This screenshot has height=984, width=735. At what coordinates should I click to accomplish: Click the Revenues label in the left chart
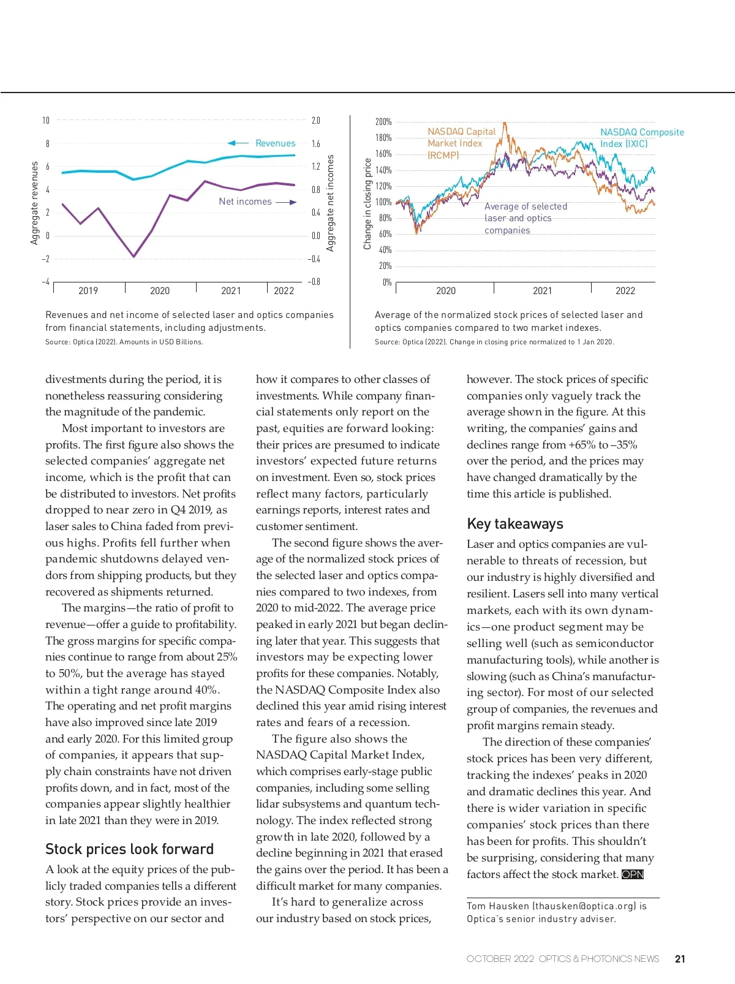point(275,143)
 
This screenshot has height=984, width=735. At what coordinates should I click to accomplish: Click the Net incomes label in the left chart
point(245,202)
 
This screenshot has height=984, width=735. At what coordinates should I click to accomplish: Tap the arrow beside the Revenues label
point(238,143)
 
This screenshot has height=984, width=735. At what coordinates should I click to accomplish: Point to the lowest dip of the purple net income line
point(134,256)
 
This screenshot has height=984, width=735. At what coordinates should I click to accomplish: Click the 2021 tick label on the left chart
point(231,291)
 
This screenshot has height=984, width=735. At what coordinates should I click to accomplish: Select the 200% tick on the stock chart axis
point(383,122)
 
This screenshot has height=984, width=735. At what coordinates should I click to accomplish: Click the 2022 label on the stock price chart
point(625,291)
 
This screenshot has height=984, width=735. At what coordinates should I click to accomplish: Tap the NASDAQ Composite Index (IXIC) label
point(641,138)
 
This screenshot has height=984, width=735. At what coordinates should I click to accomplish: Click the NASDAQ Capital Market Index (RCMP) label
point(461,143)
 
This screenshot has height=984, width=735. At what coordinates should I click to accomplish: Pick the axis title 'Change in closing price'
point(367,204)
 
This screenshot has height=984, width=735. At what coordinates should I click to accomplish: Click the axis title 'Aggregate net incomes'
point(331,203)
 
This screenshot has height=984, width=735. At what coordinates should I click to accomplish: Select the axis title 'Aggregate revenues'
point(34,203)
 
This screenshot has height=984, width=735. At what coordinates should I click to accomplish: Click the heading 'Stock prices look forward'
point(129,849)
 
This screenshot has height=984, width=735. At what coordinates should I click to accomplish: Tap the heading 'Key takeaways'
point(514,524)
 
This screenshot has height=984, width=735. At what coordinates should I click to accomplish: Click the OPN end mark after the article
point(633,874)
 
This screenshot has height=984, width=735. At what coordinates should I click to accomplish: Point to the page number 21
point(680,959)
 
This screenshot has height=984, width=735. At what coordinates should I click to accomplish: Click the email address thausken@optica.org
point(584,906)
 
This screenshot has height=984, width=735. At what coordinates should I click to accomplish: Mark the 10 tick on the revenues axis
point(45,121)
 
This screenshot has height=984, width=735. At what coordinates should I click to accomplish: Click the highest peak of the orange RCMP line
point(504,124)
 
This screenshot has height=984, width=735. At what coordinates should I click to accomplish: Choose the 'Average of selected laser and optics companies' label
point(526,219)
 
